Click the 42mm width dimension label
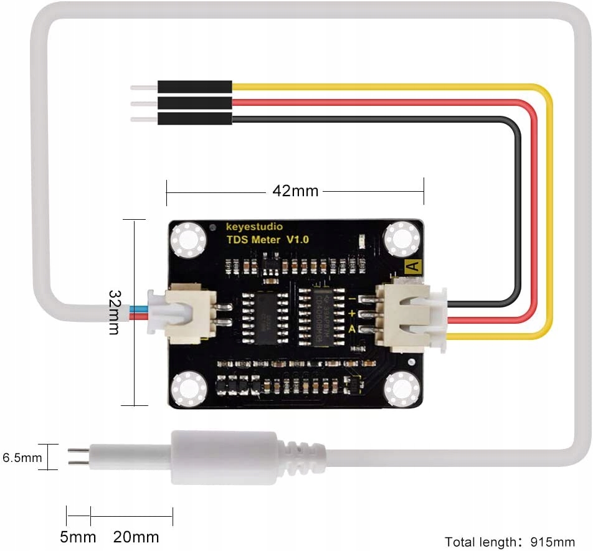click(x=295, y=191)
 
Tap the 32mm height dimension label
click(x=114, y=311)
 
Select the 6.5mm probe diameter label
click(x=22, y=458)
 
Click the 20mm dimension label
click(x=136, y=536)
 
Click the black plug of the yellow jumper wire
click(x=194, y=87)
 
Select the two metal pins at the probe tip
click(x=78, y=457)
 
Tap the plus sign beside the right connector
click(x=352, y=313)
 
